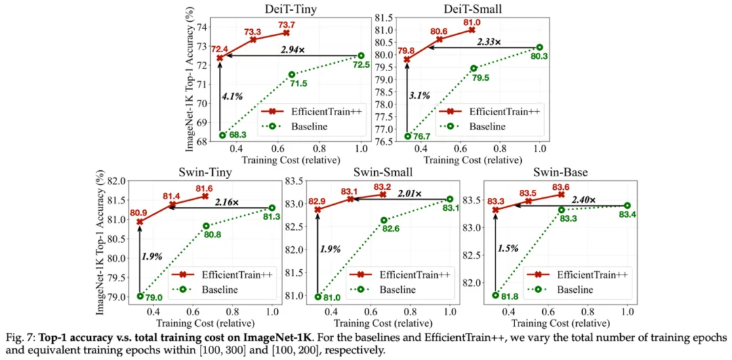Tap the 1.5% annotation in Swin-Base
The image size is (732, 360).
click(x=508, y=248)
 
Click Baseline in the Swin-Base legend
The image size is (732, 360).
click(x=576, y=289)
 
